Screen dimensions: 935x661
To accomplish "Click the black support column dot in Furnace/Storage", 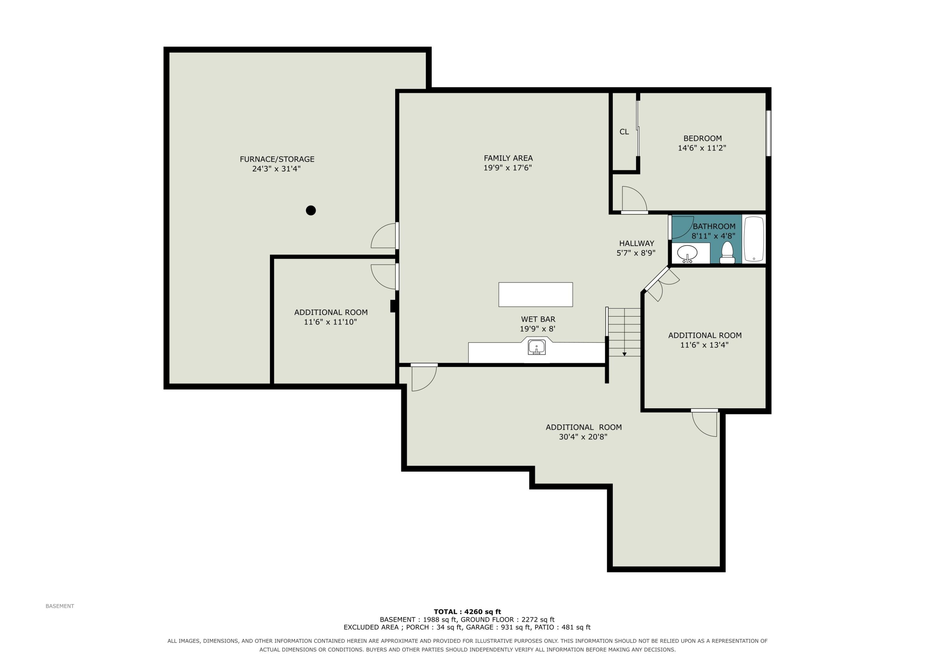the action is point(311,210).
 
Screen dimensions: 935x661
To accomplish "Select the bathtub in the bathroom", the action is point(754,239).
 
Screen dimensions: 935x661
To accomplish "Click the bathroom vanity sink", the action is point(688,253).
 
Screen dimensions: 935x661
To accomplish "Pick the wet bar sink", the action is point(537,347).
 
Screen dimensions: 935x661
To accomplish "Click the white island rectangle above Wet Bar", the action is point(535,295).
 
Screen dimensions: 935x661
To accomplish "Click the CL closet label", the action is point(624,132).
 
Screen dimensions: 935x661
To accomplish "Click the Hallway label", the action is point(636,243).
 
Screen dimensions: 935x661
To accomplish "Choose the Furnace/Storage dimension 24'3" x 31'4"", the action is point(276,169).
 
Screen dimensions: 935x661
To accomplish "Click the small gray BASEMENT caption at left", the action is point(60,606).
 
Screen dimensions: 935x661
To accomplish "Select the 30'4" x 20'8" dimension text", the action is point(583,437).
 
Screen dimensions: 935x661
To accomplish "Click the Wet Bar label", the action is point(538,319).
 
